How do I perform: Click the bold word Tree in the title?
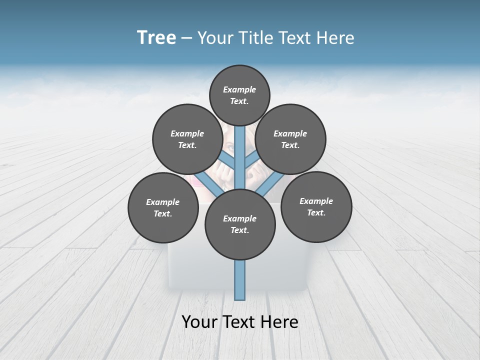(x=156, y=38)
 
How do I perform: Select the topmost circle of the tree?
(x=239, y=95)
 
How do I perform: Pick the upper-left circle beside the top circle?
(x=187, y=139)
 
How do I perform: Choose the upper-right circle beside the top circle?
(x=290, y=139)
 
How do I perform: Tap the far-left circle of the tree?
(x=163, y=207)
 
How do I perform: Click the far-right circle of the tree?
(x=316, y=206)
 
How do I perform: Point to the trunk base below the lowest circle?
(x=240, y=280)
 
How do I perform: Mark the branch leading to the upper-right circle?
(x=251, y=160)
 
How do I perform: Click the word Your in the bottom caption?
(x=199, y=321)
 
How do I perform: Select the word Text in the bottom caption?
(x=239, y=321)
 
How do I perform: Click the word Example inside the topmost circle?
(x=239, y=89)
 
